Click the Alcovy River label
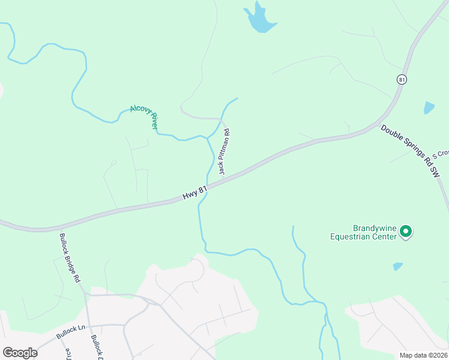[144, 116]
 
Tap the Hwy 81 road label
[195, 193]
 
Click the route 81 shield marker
[402, 79]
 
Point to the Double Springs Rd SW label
[415, 150]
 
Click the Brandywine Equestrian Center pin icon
[406, 231]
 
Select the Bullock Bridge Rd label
[70, 258]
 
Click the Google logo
[20, 352]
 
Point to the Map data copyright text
[423, 355]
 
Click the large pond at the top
[260, 19]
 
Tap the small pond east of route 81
[429, 108]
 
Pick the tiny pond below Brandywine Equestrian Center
[398, 266]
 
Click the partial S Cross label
[441, 153]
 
